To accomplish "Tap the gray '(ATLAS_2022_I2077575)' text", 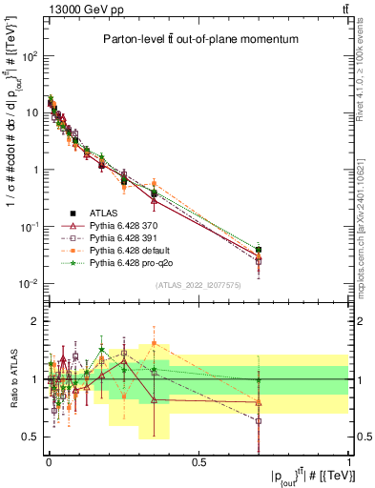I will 198,285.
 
